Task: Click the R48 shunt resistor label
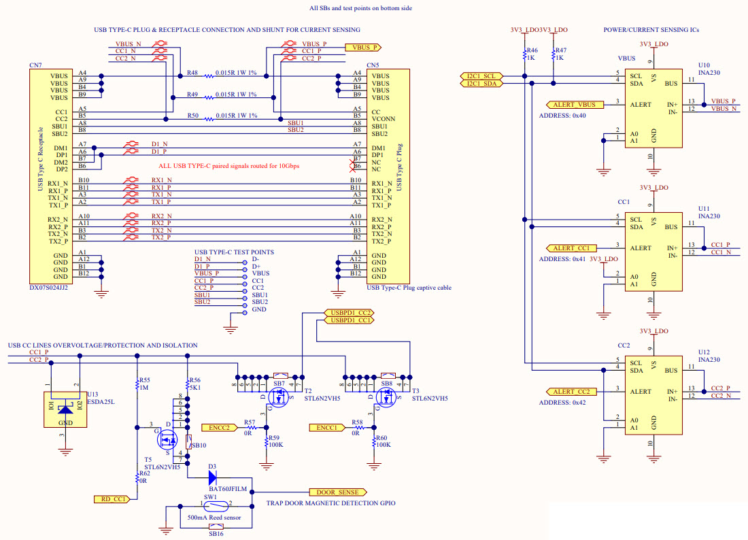(x=192, y=73)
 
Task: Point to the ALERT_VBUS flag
(x=575, y=105)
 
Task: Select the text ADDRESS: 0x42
(x=562, y=403)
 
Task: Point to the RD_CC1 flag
(x=111, y=499)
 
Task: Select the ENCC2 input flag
(x=218, y=428)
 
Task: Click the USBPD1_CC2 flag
(x=348, y=312)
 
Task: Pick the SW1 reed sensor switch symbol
(x=207, y=506)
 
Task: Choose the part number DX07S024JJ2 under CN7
(x=48, y=288)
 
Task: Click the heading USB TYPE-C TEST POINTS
(x=234, y=252)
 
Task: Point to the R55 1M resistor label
(x=143, y=384)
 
